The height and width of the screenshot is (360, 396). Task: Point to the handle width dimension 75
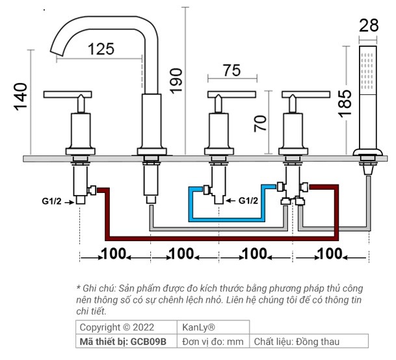tap(231, 70)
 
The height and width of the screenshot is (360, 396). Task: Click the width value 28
tap(369, 27)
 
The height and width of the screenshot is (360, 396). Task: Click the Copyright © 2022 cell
tap(126, 328)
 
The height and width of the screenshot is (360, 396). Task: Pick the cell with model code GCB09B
tap(126, 341)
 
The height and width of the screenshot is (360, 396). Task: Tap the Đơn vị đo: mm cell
tap(213, 341)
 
